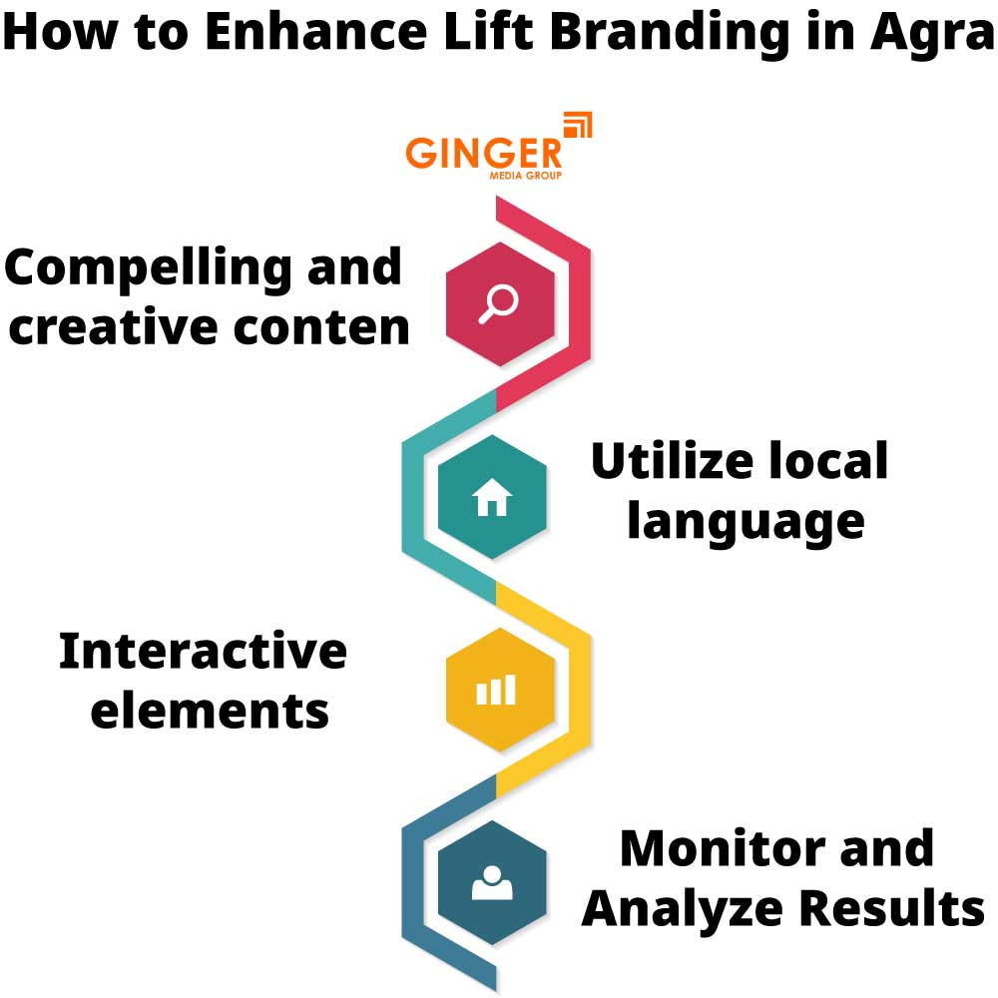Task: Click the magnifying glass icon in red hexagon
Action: [496, 303]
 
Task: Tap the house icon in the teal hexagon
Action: [492, 496]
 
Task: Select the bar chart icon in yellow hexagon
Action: [495, 690]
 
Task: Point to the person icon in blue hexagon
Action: [491, 882]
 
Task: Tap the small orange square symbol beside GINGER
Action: [578, 126]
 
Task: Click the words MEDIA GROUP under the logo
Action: [525, 176]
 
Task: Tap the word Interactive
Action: [203, 652]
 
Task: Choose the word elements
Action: [210, 711]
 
